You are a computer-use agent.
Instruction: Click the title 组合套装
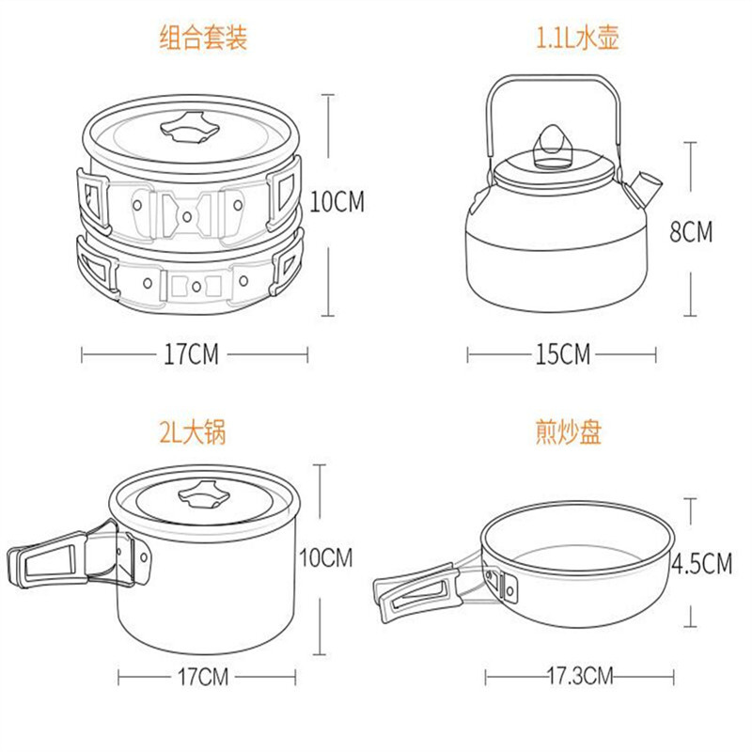(x=203, y=38)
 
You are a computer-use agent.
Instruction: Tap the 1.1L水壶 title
(x=577, y=38)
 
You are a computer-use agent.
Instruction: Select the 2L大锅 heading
(x=193, y=431)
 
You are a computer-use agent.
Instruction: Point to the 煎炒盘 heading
(x=569, y=431)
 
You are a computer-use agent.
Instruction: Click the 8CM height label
(x=691, y=231)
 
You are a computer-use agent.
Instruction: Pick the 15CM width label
(x=562, y=354)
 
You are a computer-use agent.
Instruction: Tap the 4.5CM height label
(x=701, y=563)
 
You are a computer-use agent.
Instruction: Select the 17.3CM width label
(x=580, y=676)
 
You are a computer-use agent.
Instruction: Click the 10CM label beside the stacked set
(x=337, y=201)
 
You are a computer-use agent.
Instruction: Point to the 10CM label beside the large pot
(x=325, y=557)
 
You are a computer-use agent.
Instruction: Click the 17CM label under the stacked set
(x=191, y=354)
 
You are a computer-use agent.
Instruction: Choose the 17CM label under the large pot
(x=203, y=677)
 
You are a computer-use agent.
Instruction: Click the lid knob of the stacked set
(x=190, y=127)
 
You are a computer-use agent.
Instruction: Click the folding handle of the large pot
(x=72, y=558)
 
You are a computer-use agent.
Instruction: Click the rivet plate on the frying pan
(x=509, y=587)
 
